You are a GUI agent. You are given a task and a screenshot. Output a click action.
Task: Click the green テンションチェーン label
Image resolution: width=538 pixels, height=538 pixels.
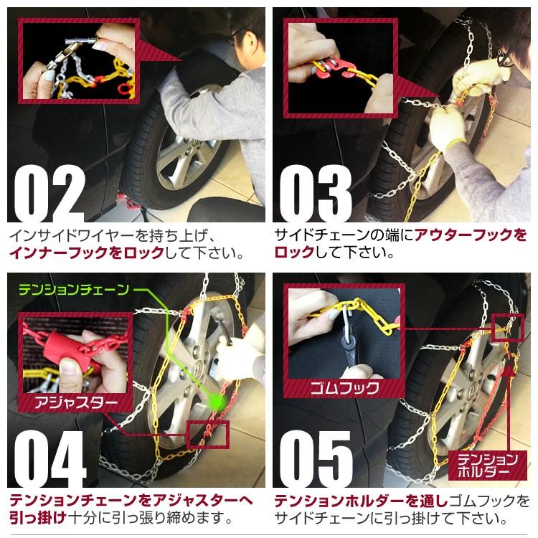74,291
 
